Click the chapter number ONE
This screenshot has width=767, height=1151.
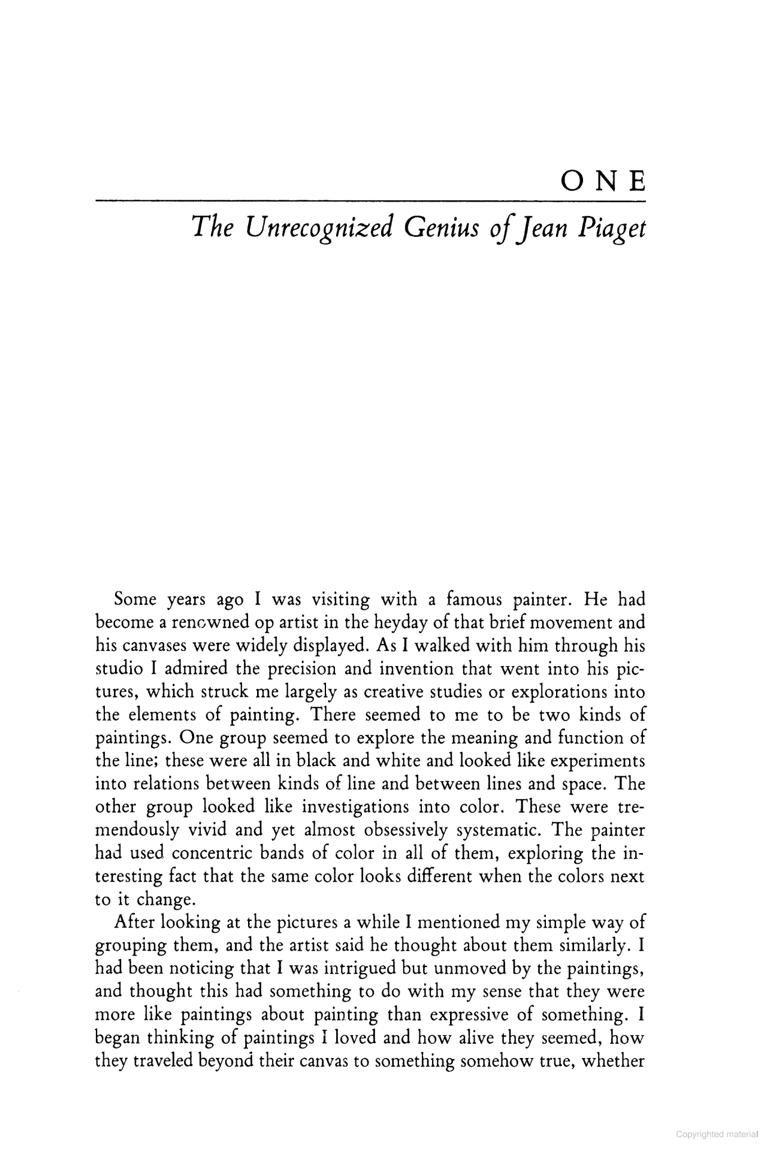(x=602, y=180)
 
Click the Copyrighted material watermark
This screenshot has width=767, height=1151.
(x=717, y=1134)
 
